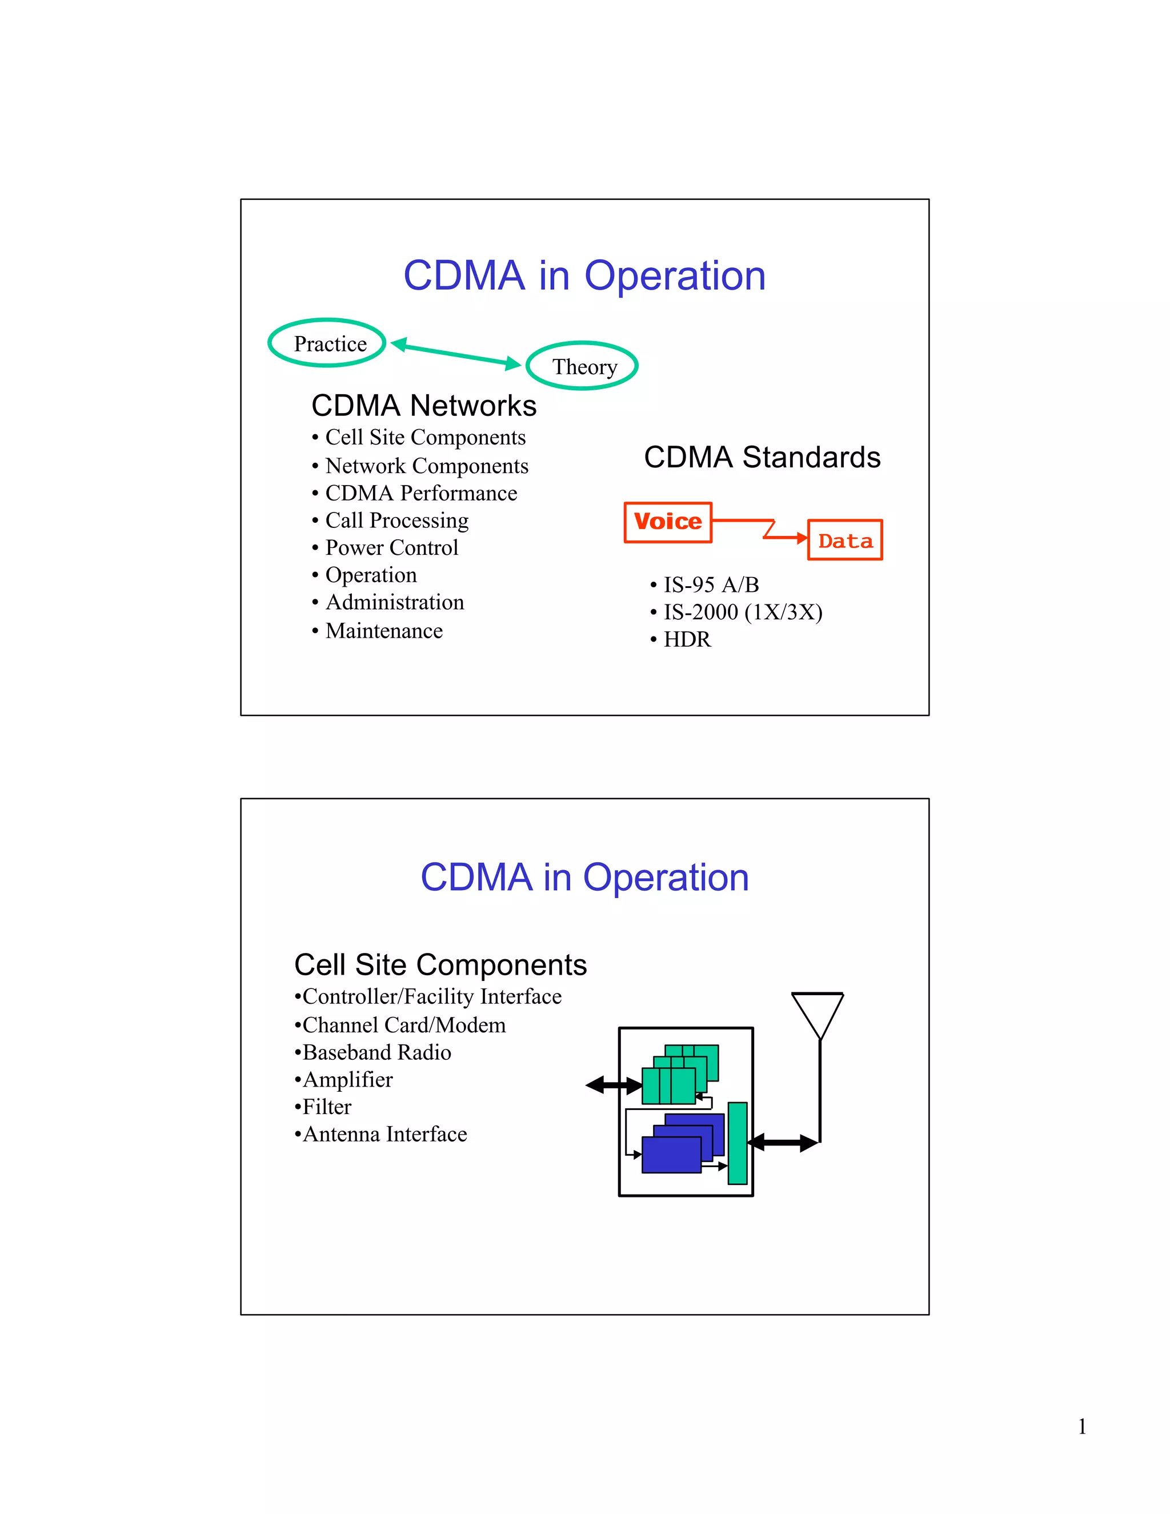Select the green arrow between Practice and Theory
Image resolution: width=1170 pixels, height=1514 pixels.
click(455, 354)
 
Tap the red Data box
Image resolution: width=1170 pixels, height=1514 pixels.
click(844, 540)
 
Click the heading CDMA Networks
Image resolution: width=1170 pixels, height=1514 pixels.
click(423, 406)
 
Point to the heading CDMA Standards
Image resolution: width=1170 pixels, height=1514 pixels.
click(762, 458)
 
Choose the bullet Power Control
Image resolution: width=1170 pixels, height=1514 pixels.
click(391, 548)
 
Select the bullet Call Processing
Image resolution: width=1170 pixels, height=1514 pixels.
click(396, 520)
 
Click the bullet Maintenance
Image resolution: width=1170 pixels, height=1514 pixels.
click(384, 631)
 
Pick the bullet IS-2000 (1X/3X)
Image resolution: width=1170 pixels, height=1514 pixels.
click(742, 612)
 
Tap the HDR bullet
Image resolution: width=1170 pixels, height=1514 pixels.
click(687, 639)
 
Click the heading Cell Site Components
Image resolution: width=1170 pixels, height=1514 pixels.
click(440, 964)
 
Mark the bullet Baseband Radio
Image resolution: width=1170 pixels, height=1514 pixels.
click(376, 1052)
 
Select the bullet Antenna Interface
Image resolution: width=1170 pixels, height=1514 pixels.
click(384, 1134)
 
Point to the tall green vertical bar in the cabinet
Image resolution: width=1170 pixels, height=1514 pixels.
click(738, 1143)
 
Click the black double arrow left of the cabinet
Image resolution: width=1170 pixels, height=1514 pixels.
click(614, 1086)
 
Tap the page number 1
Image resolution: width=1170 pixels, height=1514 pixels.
click(1081, 1427)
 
